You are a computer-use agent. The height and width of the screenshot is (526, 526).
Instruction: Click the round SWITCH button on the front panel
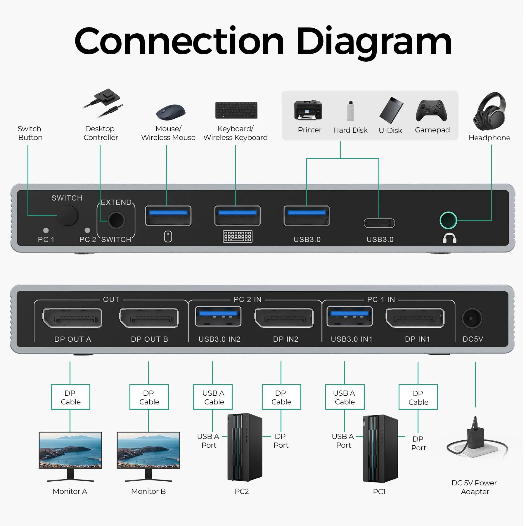[x=68, y=215]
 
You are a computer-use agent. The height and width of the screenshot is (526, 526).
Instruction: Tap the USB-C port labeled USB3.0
[x=379, y=223]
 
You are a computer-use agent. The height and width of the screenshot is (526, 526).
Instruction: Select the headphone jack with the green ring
[x=448, y=220]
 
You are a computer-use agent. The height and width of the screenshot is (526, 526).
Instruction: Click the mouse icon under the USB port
[x=168, y=236]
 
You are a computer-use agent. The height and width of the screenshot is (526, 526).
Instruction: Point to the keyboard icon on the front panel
[x=237, y=236]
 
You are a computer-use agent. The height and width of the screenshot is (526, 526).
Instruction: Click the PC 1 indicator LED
[x=46, y=230]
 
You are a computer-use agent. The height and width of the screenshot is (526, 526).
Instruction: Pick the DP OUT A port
[x=72, y=318]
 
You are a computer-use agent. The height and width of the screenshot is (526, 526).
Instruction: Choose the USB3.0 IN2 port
[x=218, y=316]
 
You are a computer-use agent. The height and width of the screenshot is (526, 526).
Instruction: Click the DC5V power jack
[x=472, y=318]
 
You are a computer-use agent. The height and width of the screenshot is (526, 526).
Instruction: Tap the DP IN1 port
[x=415, y=318]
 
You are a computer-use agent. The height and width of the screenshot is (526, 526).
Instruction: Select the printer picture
[x=308, y=110]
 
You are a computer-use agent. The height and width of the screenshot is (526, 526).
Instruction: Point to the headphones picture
[x=490, y=111]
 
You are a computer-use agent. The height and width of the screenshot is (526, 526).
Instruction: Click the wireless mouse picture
[x=171, y=112]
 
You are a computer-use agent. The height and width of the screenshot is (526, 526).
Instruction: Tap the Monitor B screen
[x=148, y=450]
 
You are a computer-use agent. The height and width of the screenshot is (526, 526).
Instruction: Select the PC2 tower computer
[x=245, y=447]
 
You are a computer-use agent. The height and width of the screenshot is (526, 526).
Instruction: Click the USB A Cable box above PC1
[x=345, y=397]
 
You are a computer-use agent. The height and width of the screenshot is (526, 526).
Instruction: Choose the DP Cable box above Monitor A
[x=70, y=397]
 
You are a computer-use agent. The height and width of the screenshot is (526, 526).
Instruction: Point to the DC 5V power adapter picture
[x=476, y=438]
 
